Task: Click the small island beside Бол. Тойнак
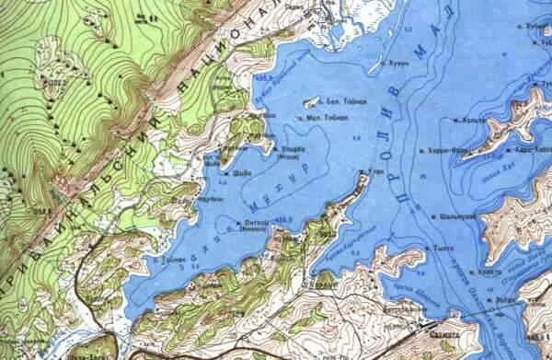click(310, 101)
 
